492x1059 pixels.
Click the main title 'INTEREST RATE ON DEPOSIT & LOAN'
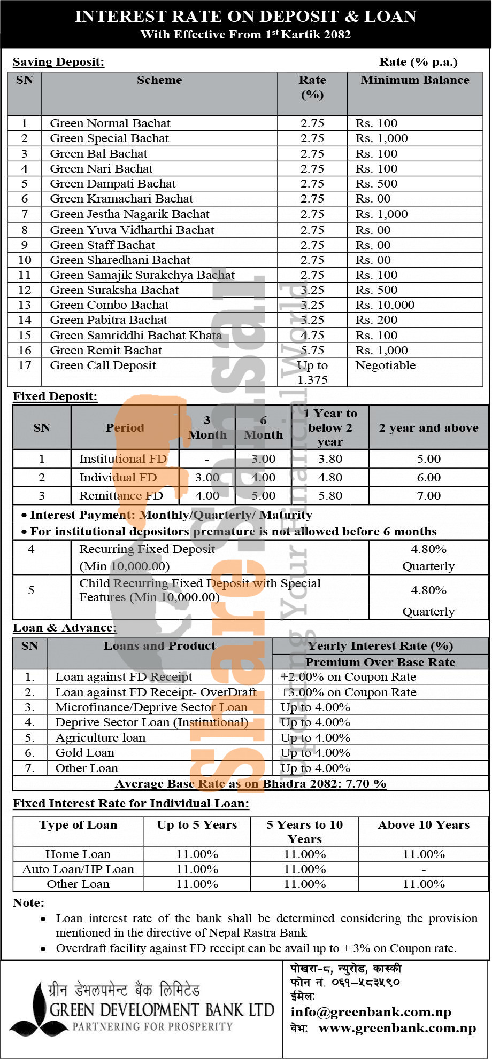pos(245,17)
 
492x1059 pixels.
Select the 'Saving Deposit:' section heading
pos(58,62)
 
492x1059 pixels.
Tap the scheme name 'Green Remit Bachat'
pos(106,351)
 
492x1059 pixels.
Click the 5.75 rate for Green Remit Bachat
pos(312,351)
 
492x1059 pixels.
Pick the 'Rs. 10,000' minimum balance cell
pos(385,305)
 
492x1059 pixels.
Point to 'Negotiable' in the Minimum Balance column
pos(385,365)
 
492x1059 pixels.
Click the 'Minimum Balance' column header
pos(414,80)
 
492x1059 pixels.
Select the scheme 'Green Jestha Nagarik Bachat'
pos(129,214)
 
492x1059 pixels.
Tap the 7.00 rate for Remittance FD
pos(428,496)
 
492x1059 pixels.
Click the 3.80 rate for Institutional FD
pos(330,459)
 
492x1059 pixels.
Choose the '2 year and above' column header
pos(428,428)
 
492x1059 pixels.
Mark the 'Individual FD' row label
pos(118,478)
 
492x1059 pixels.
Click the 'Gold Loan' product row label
pos(84,753)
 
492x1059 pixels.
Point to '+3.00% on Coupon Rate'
pos(348,692)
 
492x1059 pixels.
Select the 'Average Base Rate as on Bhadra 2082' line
pos(250,784)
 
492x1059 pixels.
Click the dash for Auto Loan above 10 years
pos(424,869)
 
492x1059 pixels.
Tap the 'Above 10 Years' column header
pos(424,825)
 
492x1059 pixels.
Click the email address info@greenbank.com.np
pos(371,1012)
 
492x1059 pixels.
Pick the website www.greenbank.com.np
pos(397,1028)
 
